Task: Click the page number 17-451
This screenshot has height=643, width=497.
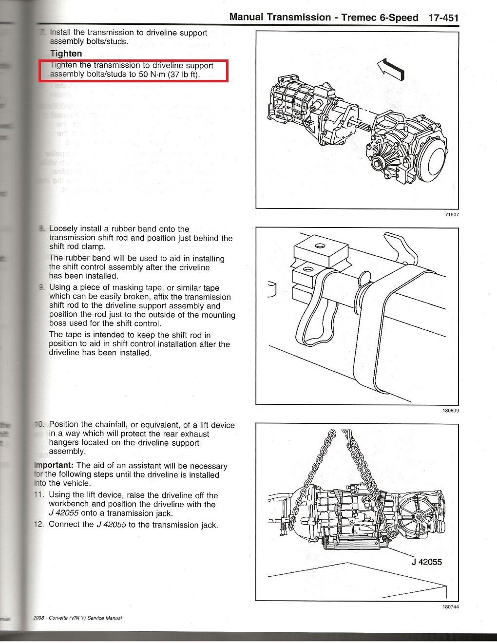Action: pos(443,18)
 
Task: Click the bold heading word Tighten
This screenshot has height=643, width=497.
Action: pos(66,54)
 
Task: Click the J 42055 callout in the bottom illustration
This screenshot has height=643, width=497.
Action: pos(426,562)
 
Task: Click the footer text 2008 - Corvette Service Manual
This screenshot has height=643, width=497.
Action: pos(77,618)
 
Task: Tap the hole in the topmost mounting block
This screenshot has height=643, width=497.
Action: pos(320,246)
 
